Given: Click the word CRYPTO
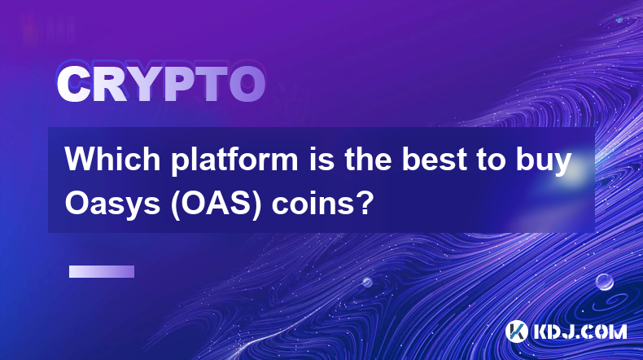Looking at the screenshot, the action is coord(161,84).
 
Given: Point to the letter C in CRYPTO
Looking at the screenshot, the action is coord(73,84).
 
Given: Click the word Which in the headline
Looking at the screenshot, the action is coord(112,159).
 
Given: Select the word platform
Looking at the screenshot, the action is coord(234,161).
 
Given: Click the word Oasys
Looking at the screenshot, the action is coord(112,204).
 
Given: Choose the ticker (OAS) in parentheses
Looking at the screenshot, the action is coord(217,204).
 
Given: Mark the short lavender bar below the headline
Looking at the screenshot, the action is coord(102,271).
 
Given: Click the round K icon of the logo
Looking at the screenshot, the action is coord(517,331).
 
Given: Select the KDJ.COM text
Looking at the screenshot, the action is coord(580,331).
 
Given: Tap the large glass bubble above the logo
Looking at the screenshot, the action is coord(604,282).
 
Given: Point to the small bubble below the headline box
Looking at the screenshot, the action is coord(367,282).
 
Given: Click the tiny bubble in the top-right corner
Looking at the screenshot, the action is coord(619,20).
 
